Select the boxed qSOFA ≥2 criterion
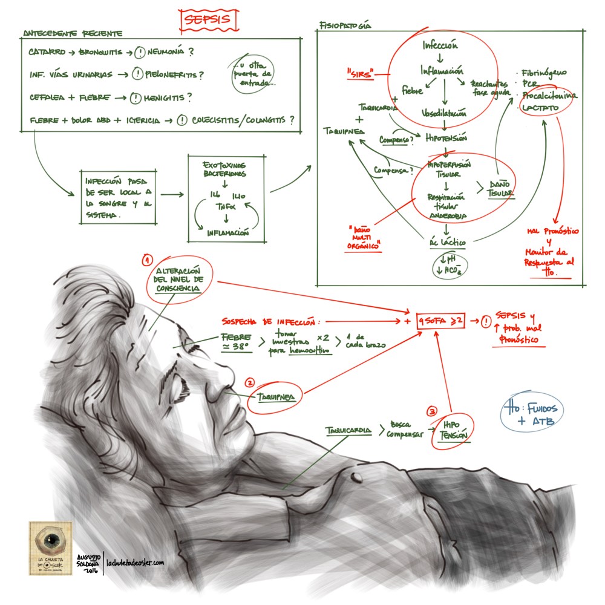441,322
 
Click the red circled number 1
146,261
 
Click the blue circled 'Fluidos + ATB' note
530,414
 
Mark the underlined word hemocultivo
310,352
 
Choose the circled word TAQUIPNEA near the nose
275,396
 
